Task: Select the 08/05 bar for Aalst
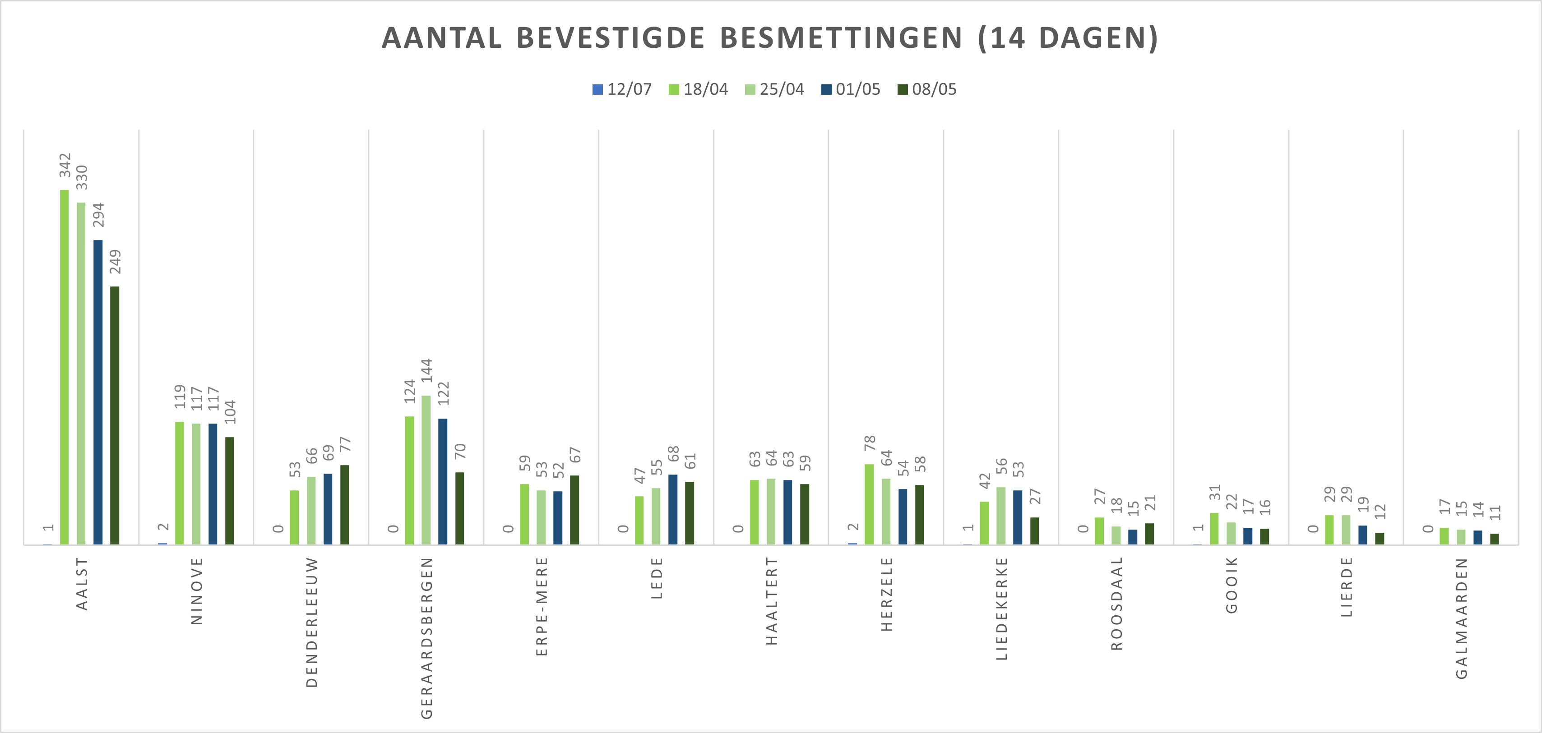(114, 415)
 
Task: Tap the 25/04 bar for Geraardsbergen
(426, 470)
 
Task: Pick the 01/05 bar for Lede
(673, 509)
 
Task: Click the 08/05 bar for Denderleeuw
(344, 504)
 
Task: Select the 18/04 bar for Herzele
(869, 504)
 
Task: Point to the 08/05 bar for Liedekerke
(1034, 531)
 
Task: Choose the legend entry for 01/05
(851, 90)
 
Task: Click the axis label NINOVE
(197, 591)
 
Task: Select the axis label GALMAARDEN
(1461, 618)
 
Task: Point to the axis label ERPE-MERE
(542, 606)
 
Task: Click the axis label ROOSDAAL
(1116, 603)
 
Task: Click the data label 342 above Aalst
(65, 165)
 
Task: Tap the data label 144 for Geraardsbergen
(426, 370)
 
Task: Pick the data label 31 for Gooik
(1214, 493)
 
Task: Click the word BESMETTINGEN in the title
(841, 38)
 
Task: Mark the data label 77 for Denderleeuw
(345, 445)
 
